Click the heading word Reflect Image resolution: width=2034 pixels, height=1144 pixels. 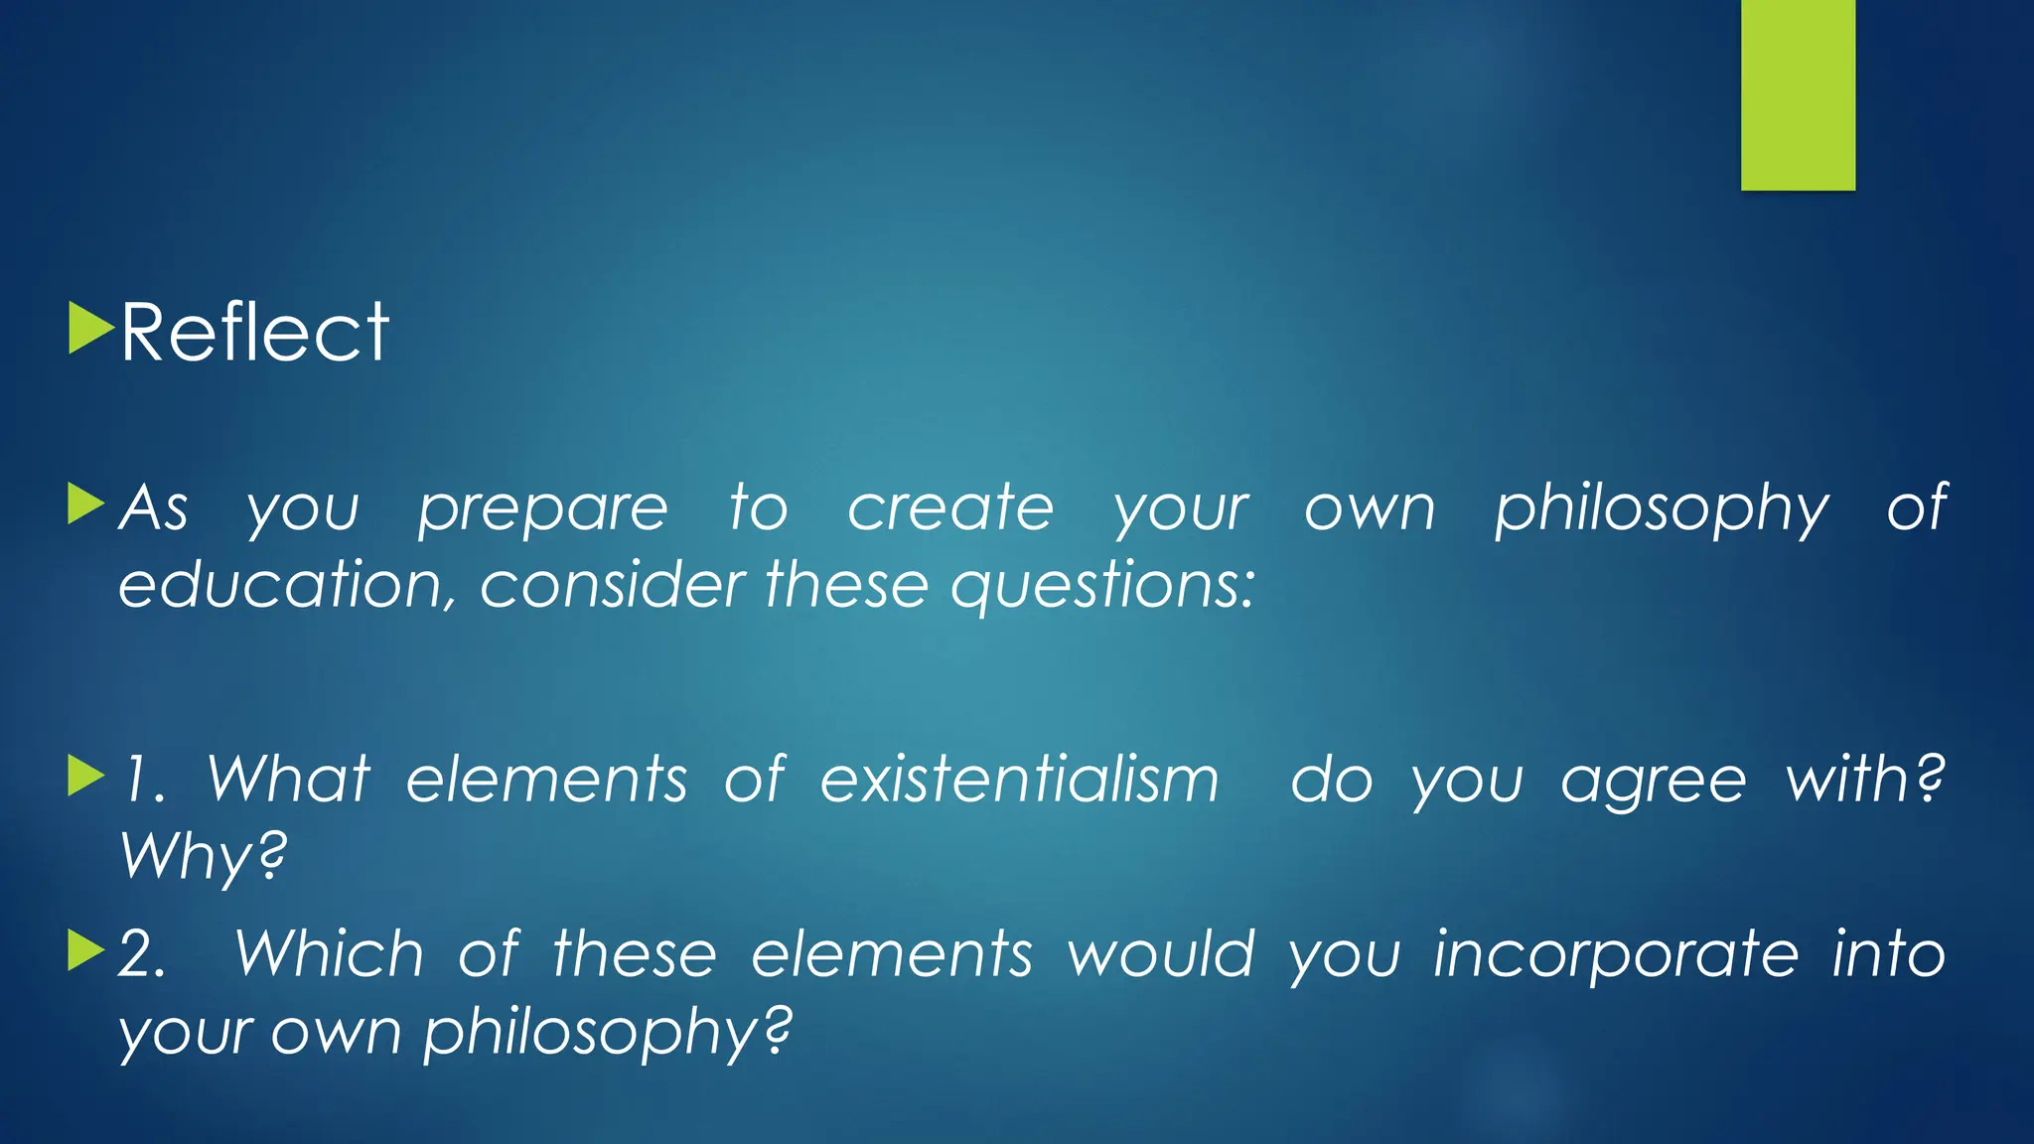click(254, 333)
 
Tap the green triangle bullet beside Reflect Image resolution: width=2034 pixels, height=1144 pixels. click(89, 329)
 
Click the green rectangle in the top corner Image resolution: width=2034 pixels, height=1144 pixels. click(1798, 94)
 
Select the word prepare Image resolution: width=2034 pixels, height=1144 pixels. click(542, 510)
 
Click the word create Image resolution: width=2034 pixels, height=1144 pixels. click(949, 508)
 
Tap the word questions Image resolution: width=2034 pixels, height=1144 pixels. click(1102, 586)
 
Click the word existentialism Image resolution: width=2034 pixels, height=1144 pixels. click(1019, 779)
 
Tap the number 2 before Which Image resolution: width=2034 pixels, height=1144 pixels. click(141, 955)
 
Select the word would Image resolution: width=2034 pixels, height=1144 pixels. click(1161, 955)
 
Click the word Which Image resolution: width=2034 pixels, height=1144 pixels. click(329, 955)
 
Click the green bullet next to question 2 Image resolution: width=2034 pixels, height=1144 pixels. click(86, 951)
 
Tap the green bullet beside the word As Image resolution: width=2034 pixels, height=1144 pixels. click(86, 503)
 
